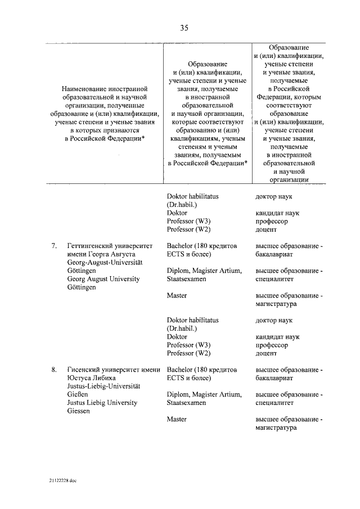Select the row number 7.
point(54,246)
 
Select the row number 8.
point(54,370)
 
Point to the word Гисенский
point(83,370)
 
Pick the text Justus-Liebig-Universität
point(103,386)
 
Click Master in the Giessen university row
point(177,420)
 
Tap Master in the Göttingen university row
point(177,296)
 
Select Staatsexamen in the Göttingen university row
point(186,279)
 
